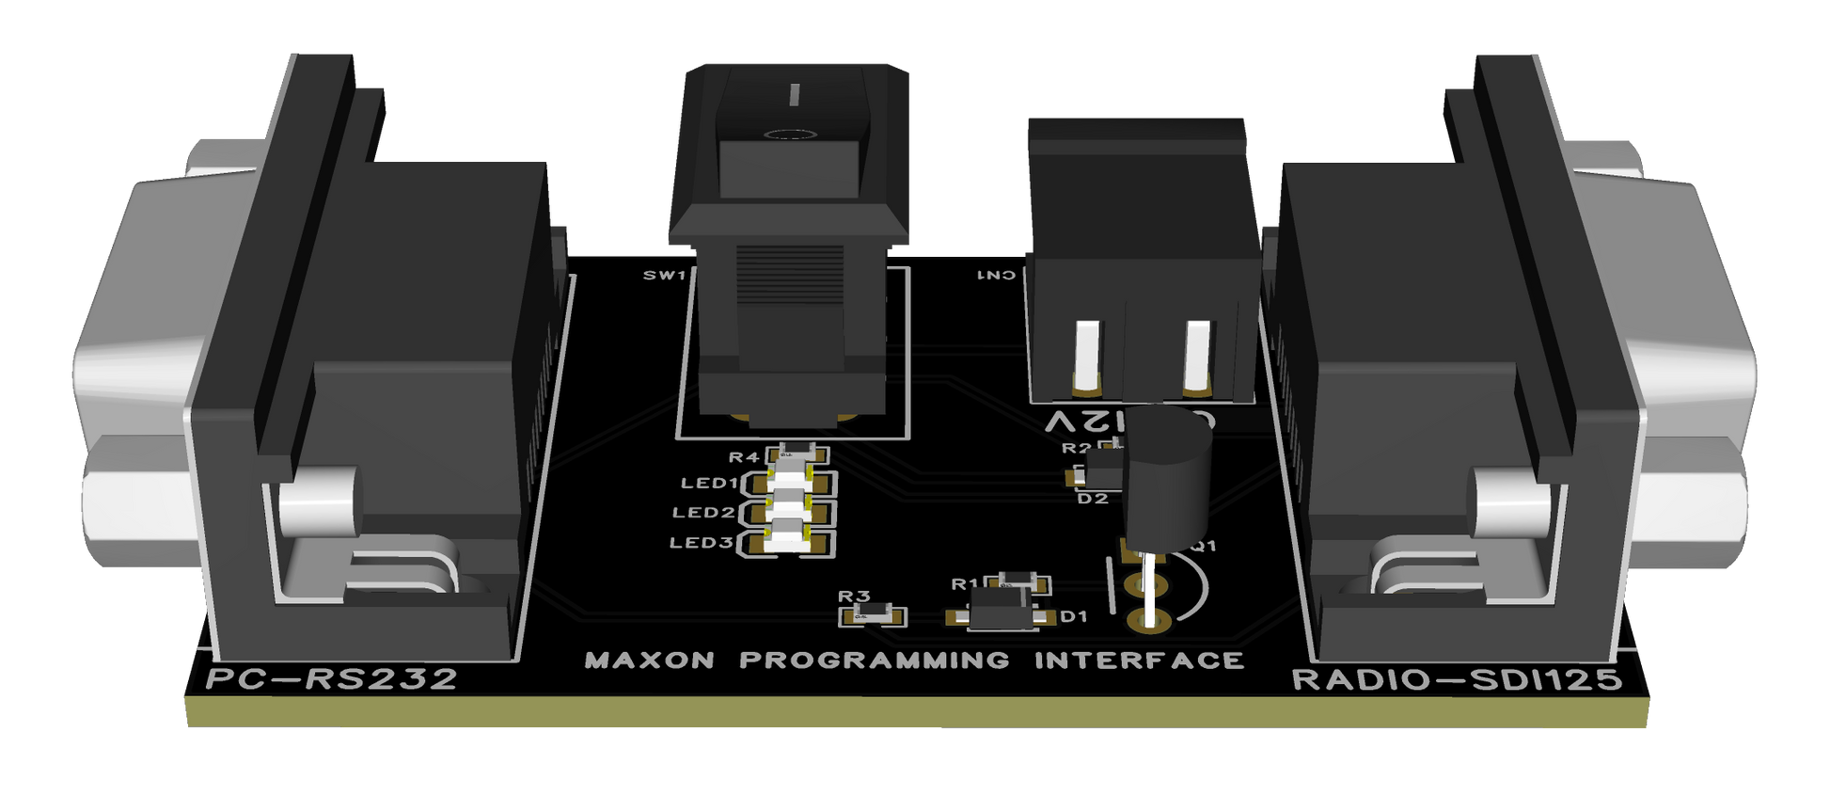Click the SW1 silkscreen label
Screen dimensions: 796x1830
(x=664, y=276)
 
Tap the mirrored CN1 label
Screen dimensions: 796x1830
(x=996, y=276)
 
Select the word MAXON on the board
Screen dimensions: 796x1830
(x=649, y=661)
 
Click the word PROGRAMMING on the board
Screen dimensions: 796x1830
(x=874, y=661)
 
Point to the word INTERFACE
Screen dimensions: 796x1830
(x=1139, y=661)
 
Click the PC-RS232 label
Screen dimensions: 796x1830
(x=331, y=679)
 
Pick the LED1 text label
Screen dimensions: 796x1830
(x=709, y=484)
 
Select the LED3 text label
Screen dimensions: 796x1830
(x=701, y=543)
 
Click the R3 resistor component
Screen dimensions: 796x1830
(x=872, y=616)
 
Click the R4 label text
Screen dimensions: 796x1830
(x=743, y=458)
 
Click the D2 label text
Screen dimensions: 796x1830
(x=1092, y=499)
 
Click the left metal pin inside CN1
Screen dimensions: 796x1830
(x=1087, y=355)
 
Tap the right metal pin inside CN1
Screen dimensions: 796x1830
(x=1197, y=355)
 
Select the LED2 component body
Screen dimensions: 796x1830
(x=788, y=513)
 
